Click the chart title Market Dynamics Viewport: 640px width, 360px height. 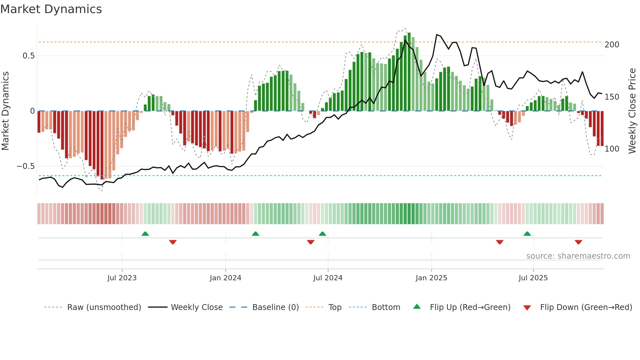tap(51, 9)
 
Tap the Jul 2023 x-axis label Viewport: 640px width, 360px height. tap(122, 278)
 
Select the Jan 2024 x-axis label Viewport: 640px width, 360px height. tap(225, 278)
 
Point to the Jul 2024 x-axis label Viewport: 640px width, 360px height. tap(328, 278)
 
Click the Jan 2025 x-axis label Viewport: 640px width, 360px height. tap(431, 278)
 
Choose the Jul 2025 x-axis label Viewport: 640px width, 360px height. tap(533, 278)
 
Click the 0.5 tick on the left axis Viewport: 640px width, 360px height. tap(29, 56)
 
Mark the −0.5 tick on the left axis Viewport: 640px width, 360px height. tap(26, 166)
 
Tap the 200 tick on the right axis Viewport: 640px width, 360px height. tap(612, 45)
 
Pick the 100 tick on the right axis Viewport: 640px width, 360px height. tap(612, 149)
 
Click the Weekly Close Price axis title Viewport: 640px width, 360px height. tap(632, 111)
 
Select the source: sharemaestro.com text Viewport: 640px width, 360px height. tap(578, 256)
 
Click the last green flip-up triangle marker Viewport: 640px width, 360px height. tap(527, 234)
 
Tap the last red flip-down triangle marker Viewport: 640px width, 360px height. tap(578, 242)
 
